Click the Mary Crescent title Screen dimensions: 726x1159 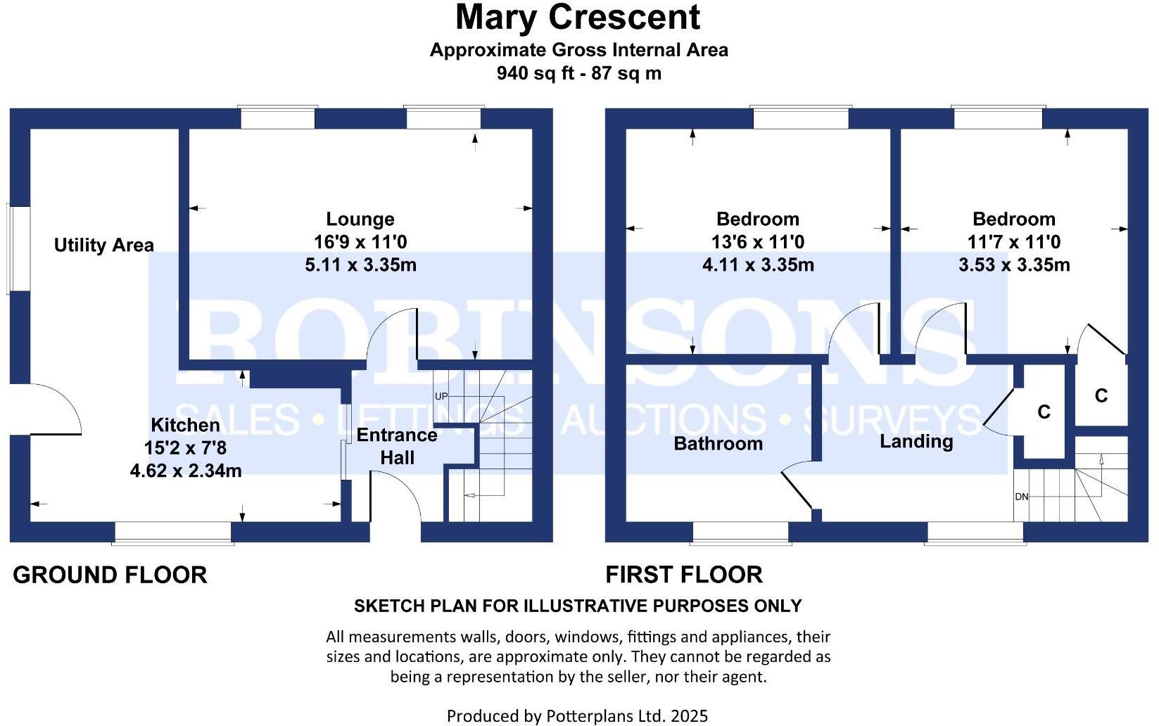tap(578, 18)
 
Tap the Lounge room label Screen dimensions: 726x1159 tap(360, 219)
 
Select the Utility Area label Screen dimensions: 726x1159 tap(104, 245)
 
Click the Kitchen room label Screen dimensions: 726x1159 tap(185, 425)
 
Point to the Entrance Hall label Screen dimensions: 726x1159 tap(397, 446)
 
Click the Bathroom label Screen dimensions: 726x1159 tap(718, 443)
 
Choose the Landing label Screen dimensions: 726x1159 tap(916, 441)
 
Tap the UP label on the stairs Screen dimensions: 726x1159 tap(441, 396)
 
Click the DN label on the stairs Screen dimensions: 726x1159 tap(1022, 497)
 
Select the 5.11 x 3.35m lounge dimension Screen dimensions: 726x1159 tap(360, 265)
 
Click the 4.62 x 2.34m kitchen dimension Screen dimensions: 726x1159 tap(186, 471)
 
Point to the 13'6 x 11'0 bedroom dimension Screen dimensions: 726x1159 tap(758, 242)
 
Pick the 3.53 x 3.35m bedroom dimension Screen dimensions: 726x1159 tap(1014, 265)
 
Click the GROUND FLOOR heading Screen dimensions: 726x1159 tap(110, 575)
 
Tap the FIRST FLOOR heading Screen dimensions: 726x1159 tap(684, 575)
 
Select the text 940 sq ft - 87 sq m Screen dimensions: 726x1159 tap(578, 73)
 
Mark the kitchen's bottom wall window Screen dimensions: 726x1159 tap(173, 533)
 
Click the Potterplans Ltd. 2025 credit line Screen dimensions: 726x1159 tap(577, 716)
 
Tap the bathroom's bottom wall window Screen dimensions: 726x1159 tap(741, 533)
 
